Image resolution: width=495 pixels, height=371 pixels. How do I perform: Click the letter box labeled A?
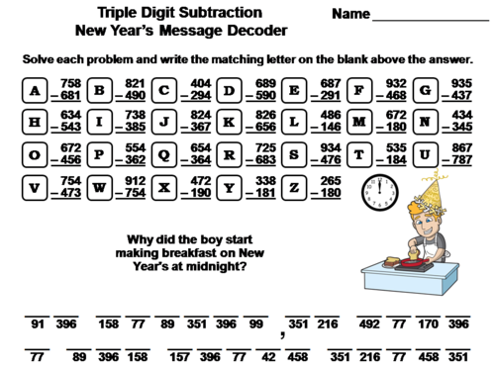pyautogui.click(x=37, y=91)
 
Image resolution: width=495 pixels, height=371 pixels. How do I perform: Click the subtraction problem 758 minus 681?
pyautogui.click(x=68, y=91)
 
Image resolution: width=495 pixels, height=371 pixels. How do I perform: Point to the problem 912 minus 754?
pyautogui.click(x=137, y=186)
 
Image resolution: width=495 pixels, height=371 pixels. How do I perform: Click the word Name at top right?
pyautogui.click(x=350, y=15)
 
